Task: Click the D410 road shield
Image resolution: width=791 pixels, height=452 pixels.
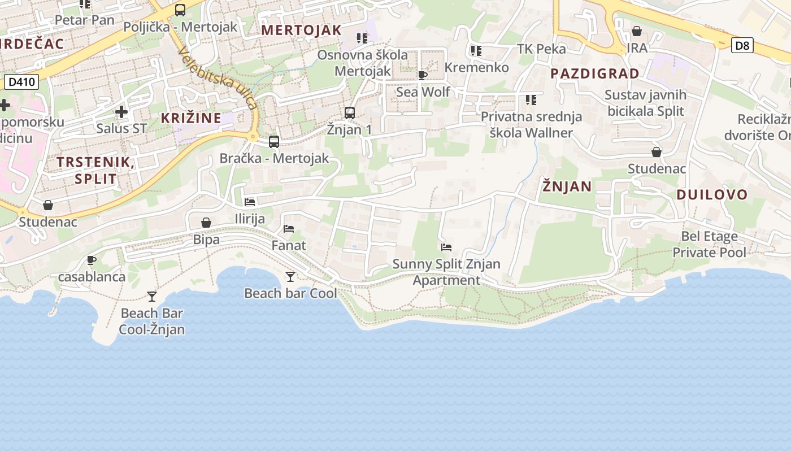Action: [22, 82]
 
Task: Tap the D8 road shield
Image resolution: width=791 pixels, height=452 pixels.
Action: [742, 45]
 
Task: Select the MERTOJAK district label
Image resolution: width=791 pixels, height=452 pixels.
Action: [302, 30]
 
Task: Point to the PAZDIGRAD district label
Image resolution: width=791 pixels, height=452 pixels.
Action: [595, 73]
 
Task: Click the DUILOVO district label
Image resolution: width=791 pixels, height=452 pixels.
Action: [712, 195]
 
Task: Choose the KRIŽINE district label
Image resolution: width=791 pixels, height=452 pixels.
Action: [191, 118]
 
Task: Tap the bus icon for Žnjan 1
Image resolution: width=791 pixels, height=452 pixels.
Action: [350, 113]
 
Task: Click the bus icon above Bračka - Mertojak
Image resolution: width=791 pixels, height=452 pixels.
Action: [274, 142]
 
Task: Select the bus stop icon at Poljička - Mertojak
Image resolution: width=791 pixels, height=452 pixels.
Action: [180, 10]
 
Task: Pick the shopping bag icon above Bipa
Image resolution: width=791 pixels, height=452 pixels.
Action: [206, 223]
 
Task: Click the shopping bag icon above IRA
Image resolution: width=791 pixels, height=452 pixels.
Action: [637, 31]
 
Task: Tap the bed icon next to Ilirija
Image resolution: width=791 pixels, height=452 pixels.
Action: [250, 202]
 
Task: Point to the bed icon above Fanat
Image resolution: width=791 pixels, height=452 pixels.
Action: [289, 229]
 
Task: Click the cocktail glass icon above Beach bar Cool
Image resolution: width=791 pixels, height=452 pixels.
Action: [290, 276]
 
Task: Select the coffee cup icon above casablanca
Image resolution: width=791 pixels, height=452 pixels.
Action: [92, 260]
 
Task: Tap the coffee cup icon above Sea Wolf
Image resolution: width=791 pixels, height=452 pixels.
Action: [423, 75]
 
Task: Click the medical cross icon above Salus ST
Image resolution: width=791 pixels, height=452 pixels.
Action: [121, 112]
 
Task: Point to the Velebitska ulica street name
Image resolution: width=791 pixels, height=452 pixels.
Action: [218, 78]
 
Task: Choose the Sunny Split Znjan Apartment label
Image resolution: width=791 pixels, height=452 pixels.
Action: [446, 272]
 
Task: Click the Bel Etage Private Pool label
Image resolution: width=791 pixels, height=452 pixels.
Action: [709, 244]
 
